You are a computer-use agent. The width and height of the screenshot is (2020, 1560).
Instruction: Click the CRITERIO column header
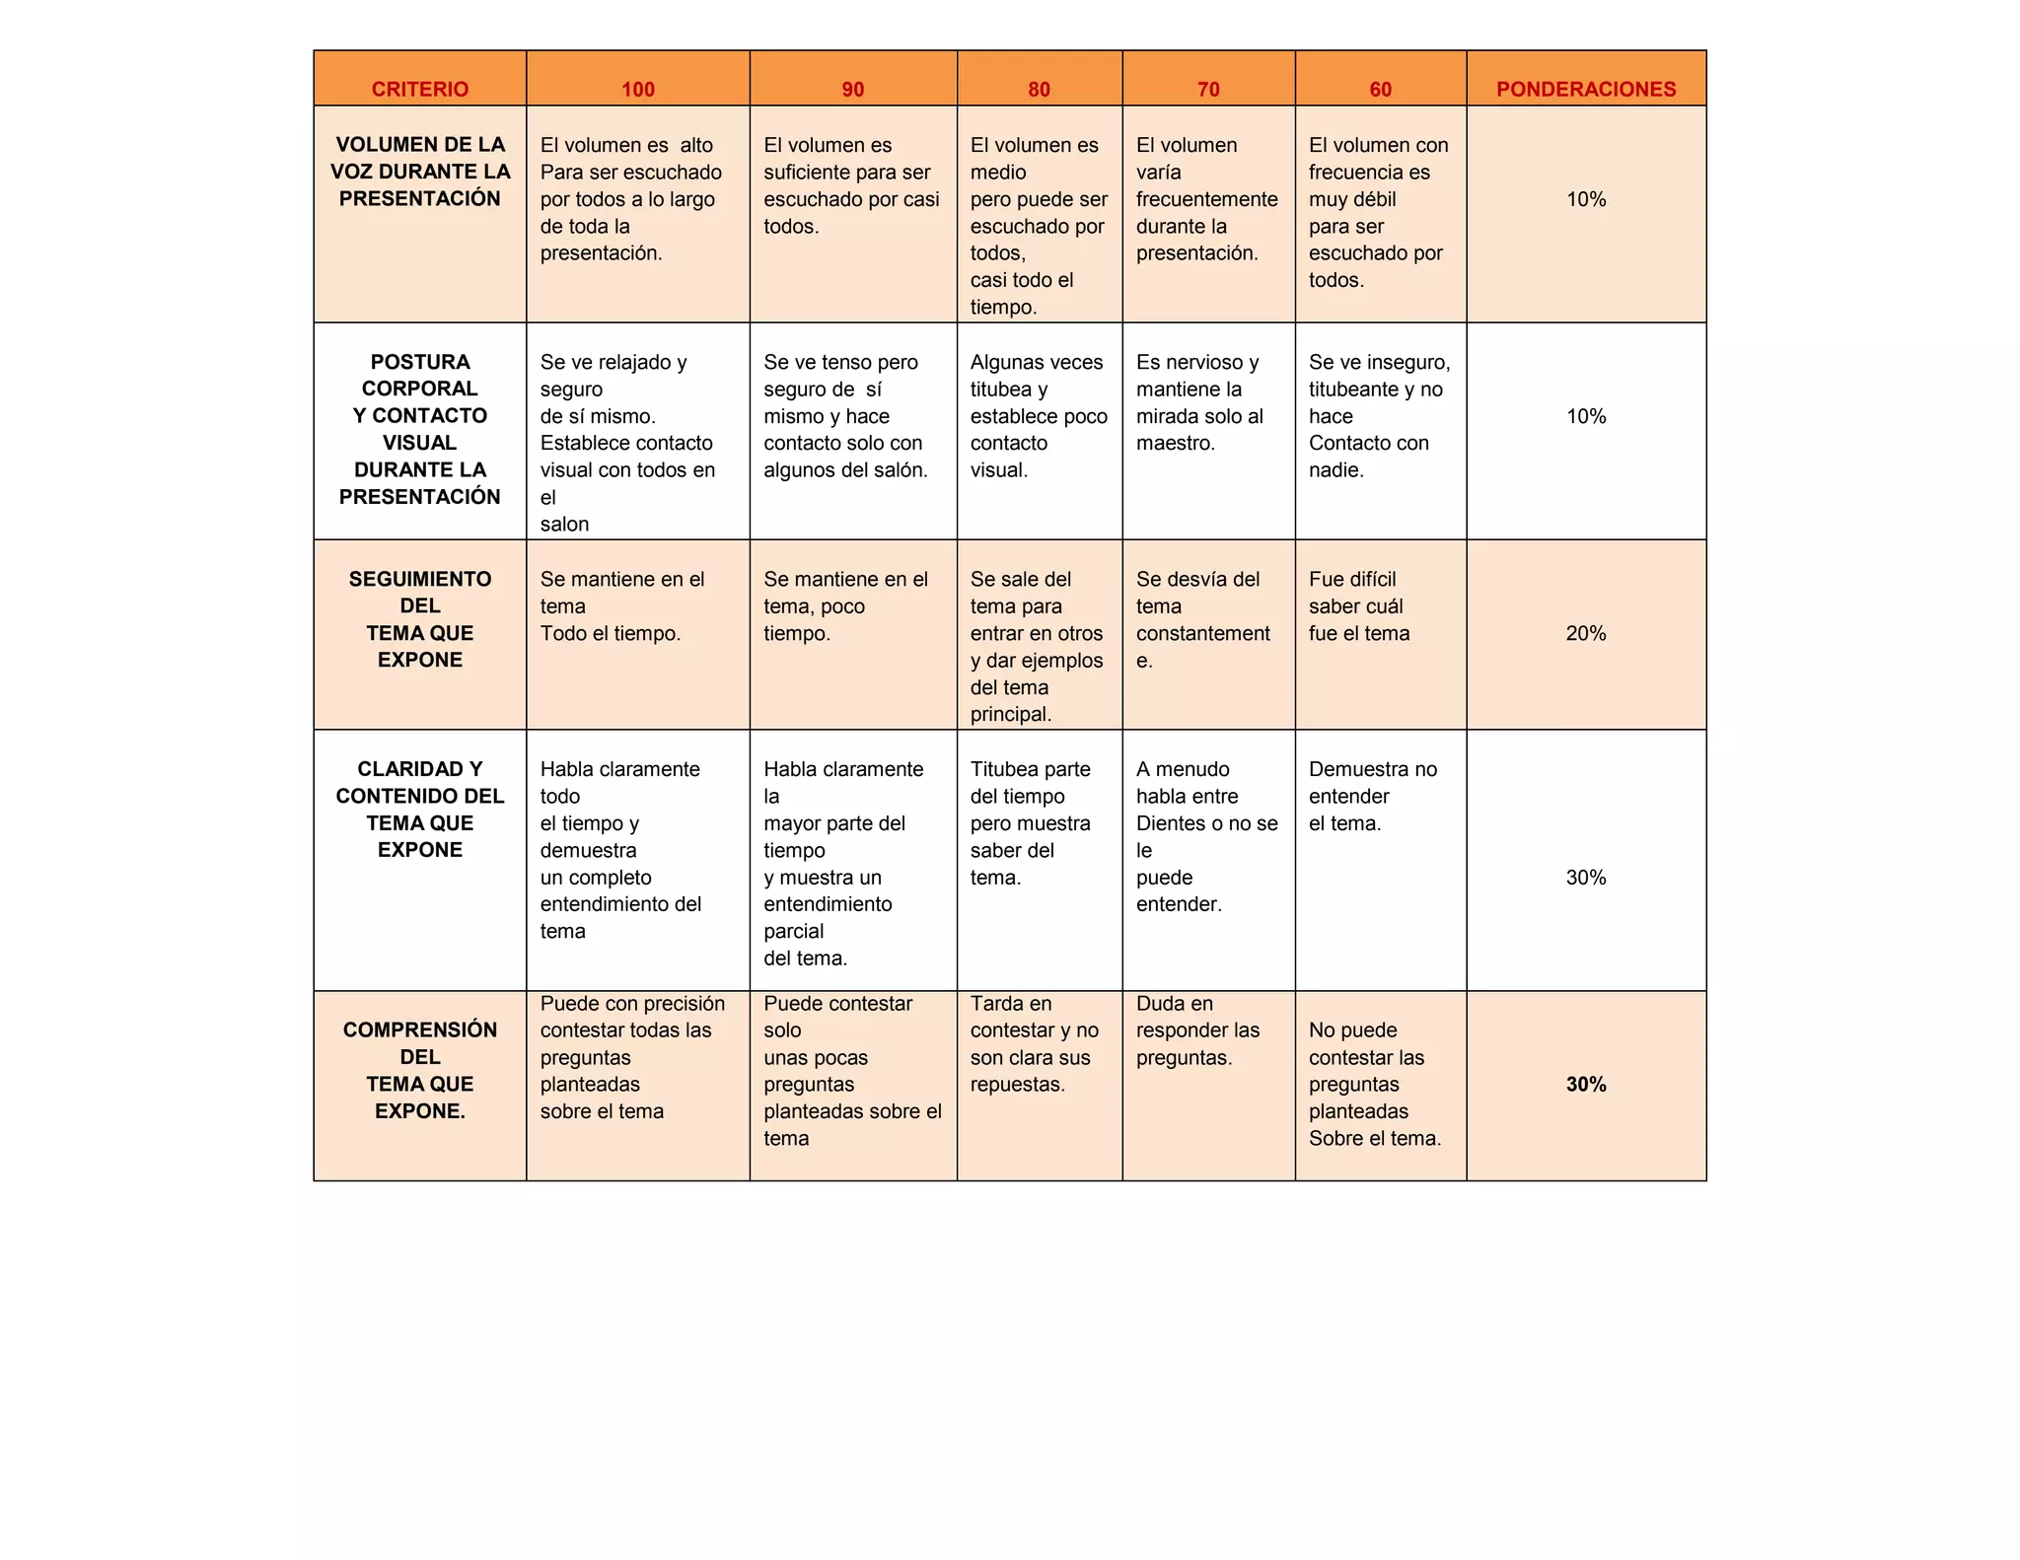[419, 89]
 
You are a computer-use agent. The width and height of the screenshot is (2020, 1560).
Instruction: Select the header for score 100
[638, 89]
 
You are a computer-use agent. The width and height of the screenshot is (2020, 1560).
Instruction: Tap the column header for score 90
[853, 89]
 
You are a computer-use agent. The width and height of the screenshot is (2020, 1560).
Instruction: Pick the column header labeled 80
[1039, 89]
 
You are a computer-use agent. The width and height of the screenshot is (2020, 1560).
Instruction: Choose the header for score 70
[1208, 89]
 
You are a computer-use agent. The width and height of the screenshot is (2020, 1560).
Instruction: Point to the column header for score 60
[1380, 89]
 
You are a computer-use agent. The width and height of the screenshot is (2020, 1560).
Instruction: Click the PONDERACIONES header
[1586, 89]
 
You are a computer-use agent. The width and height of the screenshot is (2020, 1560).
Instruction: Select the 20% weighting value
[1586, 633]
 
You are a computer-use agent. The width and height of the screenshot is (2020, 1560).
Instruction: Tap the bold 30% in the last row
[1586, 1085]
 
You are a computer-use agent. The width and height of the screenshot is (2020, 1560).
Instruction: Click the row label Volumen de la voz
[420, 172]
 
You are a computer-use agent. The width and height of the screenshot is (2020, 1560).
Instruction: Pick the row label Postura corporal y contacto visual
[420, 429]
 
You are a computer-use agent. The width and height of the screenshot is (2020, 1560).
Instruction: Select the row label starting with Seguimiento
[420, 619]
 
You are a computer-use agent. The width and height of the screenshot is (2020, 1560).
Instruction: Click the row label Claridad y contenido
[420, 810]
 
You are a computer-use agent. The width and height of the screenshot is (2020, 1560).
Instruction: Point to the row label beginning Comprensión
[420, 1070]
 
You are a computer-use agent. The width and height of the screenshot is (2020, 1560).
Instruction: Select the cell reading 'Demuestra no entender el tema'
[1372, 796]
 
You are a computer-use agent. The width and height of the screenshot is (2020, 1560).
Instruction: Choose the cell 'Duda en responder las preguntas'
[1197, 1030]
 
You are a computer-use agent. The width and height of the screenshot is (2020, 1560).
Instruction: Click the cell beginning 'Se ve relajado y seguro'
[627, 443]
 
